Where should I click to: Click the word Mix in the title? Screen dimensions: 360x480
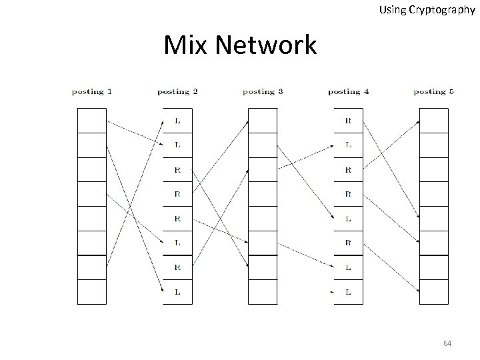coord(185,46)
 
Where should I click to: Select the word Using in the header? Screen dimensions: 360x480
coord(391,10)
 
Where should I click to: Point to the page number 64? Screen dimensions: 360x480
coord(447,343)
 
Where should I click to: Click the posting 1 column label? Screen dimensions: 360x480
coord(92,92)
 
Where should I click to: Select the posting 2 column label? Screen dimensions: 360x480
coord(177,92)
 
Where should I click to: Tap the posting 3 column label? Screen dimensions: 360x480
coord(263,92)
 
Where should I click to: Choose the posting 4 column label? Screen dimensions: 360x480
coord(348,92)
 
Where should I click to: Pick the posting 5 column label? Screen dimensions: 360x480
coord(433,92)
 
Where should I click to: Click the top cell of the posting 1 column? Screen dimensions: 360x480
coord(92,121)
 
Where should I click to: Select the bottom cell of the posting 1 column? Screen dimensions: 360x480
coord(92,292)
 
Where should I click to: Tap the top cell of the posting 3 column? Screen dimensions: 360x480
coord(263,121)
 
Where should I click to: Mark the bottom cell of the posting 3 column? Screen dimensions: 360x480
coord(263,292)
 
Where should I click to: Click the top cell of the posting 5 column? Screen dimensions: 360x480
coord(433,121)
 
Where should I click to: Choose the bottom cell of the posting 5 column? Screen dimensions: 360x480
coord(433,292)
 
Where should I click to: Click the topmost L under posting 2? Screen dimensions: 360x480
coord(177,121)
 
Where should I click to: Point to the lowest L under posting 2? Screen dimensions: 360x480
coord(177,292)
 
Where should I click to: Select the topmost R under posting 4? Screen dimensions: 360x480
coord(348,121)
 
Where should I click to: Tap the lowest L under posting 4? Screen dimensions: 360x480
coord(348,292)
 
